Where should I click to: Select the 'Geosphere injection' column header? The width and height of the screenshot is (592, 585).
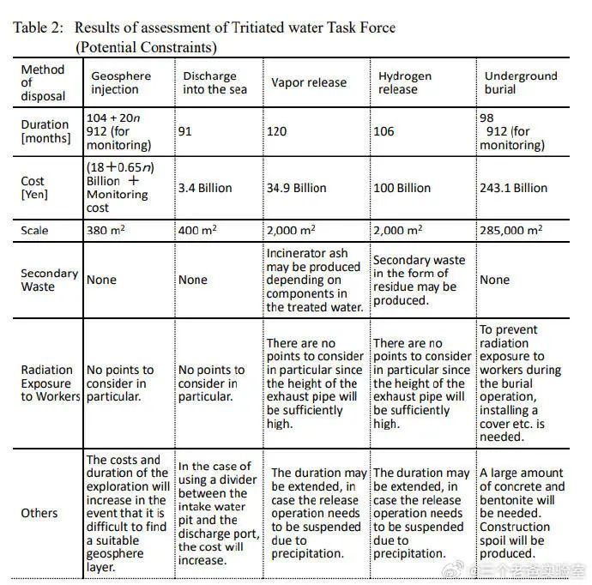[x=121, y=82]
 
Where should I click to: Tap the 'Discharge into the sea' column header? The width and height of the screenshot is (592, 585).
[x=215, y=82]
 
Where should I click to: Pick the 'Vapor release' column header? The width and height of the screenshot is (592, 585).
[x=309, y=82]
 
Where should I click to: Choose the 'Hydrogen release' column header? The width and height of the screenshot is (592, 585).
[x=405, y=82]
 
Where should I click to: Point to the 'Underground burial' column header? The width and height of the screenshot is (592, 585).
[x=521, y=82]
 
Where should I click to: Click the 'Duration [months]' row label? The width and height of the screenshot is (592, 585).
[x=45, y=130]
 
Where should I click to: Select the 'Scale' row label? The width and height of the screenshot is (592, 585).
[x=35, y=230]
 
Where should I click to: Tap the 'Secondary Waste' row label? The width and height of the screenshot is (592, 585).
[x=49, y=280]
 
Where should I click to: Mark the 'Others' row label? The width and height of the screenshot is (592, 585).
[x=39, y=513]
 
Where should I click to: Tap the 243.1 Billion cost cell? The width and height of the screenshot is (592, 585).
[x=513, y=188]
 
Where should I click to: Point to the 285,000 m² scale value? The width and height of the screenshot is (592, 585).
[x=511, y=230]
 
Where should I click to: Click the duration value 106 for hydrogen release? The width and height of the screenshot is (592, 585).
[x=386, y=131]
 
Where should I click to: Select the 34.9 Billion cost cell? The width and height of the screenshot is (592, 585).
[x=297, y=188]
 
